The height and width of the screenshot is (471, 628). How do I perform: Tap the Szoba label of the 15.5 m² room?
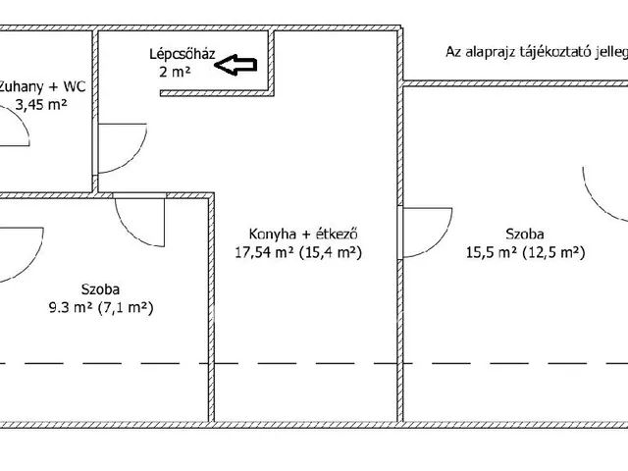tap(526, 234)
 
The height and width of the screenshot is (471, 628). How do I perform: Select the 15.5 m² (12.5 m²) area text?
tap(525, 252)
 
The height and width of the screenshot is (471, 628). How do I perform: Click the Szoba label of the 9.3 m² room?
tap(101, 289)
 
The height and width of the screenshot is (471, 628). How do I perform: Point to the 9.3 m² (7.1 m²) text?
tap(103, 307)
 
